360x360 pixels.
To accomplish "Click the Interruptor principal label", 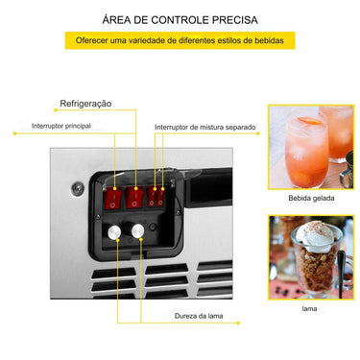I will pos(61,125).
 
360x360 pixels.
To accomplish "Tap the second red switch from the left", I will pos(136,197).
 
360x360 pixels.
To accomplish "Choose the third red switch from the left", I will pos(152,197).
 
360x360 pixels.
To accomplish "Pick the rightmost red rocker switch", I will pos(161,197).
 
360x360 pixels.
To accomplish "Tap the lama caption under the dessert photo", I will pos(310,310).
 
